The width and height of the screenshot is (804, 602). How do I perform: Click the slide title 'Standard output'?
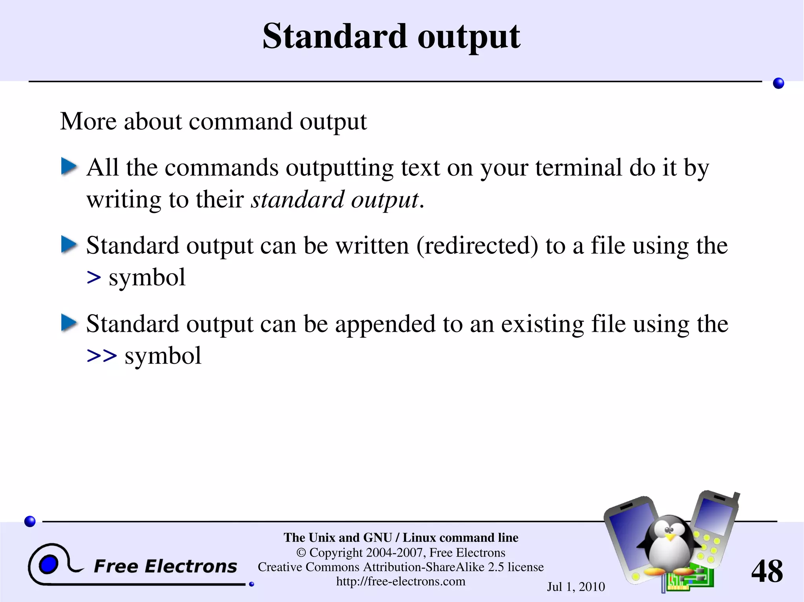pos(391,36)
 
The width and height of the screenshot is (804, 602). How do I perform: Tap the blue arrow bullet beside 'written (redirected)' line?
pos(69,245)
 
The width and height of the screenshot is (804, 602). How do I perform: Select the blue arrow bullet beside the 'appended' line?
pos(69,323)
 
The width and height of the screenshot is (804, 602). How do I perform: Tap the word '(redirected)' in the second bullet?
pos(477,246)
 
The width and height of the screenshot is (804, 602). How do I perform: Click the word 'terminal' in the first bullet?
pos(579,167)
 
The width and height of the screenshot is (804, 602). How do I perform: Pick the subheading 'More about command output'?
pos(213,121)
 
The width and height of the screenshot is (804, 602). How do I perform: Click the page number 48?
pos(767,571)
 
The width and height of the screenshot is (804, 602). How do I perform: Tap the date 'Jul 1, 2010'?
pos(576,587)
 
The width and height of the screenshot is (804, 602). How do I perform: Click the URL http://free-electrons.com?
pos(400,581)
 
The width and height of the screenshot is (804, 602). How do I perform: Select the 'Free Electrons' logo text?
pos(165,566)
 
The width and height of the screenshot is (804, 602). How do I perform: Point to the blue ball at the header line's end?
pos(778,83)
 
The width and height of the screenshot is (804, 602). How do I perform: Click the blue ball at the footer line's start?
pos(30,521)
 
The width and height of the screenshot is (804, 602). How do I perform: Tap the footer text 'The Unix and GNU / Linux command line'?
pos(401,537)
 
